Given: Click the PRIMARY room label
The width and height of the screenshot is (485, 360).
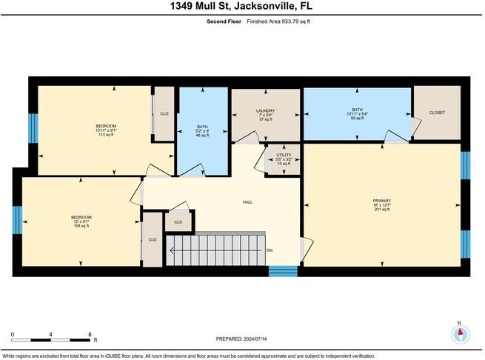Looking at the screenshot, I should (x=381, y=200).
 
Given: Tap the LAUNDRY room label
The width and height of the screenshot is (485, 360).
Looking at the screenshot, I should (x=265, y=112).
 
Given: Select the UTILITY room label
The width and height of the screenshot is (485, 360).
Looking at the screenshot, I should (x=283, y=155).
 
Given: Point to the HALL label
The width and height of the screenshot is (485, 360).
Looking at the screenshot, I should (x=248, y=201).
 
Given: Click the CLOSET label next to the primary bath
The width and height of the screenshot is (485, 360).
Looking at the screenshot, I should (x=437, y=113).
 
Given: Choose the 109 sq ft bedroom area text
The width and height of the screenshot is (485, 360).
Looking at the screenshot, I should (x=80, y=225).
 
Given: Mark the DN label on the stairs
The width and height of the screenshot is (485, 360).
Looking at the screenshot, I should (x=270, y=250).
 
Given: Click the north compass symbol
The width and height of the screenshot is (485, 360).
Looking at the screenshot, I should (x=460, y=333).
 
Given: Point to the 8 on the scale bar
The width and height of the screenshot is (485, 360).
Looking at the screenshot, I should (x=90, y=335).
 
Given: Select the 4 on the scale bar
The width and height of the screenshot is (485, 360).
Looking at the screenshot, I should (x=50, y=335).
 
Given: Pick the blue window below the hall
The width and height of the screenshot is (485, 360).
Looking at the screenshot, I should (x=282, y=270).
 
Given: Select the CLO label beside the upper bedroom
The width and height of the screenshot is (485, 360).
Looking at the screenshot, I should (x=164, y=114).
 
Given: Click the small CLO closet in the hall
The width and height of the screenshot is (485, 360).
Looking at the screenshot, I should (x=178, y=221).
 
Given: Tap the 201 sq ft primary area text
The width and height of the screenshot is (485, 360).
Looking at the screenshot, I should (x=381, y=210).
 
